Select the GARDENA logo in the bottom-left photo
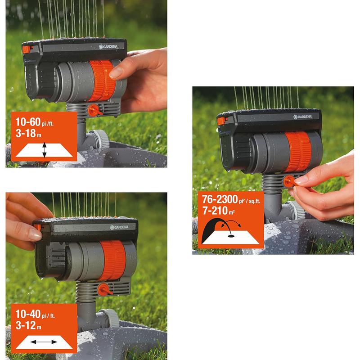point(119,227)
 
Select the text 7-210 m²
point(219,211)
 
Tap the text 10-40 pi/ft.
point(39,315)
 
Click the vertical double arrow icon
point(44,150)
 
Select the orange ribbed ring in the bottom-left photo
point(112,261)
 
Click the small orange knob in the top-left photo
point(94,110)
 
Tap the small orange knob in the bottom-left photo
point(104,289)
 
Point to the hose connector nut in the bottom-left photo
point(109,319)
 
